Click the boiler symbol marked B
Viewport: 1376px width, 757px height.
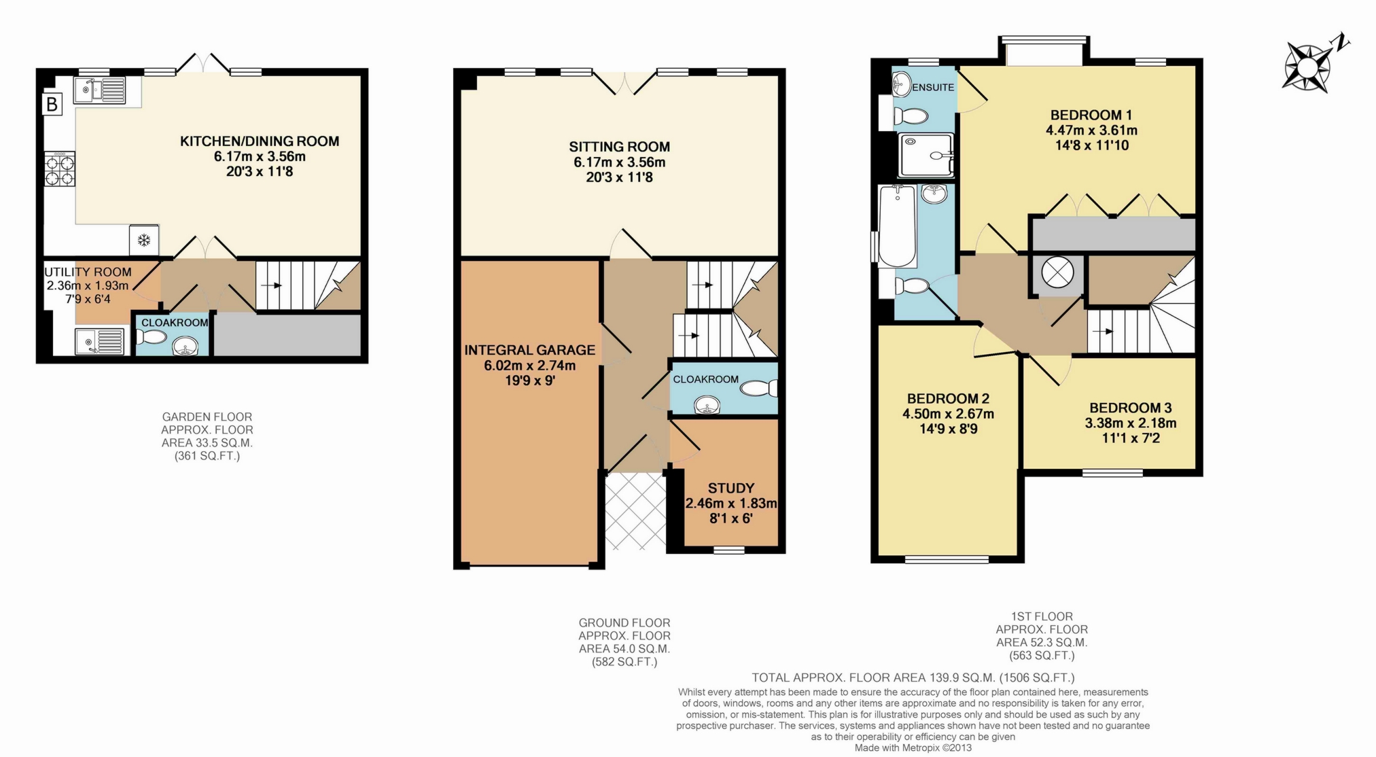click(52, 104)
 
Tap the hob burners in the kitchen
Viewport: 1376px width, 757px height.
click(59, 169)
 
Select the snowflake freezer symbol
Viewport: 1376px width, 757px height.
click(144, 240)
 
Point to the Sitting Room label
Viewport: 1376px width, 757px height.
click(619, 147)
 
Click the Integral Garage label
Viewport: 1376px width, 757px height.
click(529, 350)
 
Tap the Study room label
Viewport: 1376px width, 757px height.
click(730, 488)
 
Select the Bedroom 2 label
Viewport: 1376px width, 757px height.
click(948, 398)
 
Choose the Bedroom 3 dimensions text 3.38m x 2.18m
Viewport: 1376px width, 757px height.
click(1130, 423)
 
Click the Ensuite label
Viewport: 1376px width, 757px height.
click(932, 87)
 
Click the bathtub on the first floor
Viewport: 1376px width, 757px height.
click(897, 226)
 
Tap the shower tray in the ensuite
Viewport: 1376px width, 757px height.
click(925, 156)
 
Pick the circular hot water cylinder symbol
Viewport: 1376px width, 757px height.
click(1057, 273)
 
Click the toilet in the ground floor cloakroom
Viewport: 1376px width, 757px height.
click(758, 388)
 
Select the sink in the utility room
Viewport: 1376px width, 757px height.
click(100, 340)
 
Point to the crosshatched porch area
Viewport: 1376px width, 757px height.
click(635, 511)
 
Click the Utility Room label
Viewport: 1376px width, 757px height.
click(88, 272)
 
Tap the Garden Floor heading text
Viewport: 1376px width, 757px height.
click(207, 417)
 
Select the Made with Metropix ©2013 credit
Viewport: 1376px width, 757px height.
click(913, 747)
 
